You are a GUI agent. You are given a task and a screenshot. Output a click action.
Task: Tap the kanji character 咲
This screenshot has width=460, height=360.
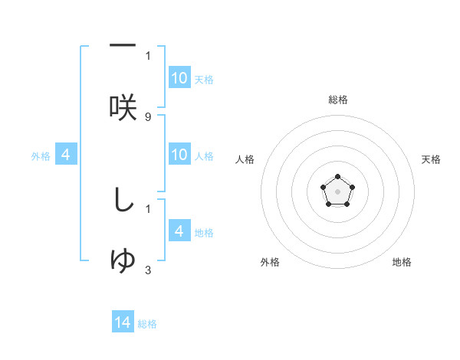pos(123,107)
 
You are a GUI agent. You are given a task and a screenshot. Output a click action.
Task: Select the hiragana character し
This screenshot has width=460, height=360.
pos(123,200)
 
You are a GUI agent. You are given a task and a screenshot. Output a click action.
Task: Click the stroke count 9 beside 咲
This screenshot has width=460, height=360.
pos(148,116)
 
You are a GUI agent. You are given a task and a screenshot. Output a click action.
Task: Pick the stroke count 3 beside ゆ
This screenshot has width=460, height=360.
pos(148,270)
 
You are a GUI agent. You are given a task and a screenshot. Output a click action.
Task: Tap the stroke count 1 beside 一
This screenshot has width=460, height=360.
pos(148,55)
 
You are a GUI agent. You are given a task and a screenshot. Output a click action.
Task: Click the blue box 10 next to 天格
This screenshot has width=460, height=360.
pos(179,78)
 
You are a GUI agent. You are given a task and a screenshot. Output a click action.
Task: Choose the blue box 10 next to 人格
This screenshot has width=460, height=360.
pos(179,155)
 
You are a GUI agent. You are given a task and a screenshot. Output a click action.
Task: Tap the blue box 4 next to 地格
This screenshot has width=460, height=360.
pos(179,231)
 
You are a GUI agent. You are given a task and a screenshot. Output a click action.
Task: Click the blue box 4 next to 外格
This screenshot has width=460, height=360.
pos(66,155)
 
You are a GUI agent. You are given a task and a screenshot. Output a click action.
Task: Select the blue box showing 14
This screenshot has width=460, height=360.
pos(123,322)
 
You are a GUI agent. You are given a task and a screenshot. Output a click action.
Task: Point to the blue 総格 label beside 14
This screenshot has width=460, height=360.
pos(147,324)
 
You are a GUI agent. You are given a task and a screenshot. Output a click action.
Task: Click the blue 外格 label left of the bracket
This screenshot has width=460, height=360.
pos(41,156)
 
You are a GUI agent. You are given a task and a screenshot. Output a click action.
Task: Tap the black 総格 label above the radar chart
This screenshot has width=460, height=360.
pos(338,100)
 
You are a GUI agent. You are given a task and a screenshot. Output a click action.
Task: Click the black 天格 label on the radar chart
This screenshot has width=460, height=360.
pos(432,159)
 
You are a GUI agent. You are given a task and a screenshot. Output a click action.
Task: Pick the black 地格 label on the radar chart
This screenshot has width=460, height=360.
pos(402,262)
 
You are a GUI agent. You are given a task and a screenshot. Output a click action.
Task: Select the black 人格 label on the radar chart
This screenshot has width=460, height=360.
pos(245,159)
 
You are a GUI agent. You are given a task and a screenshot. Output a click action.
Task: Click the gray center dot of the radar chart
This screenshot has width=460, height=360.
pos(337,191)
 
